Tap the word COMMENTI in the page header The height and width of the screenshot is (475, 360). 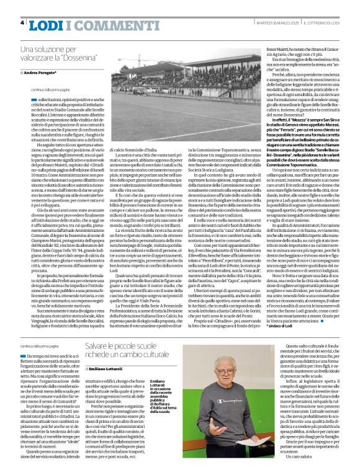(x=91, y=24)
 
